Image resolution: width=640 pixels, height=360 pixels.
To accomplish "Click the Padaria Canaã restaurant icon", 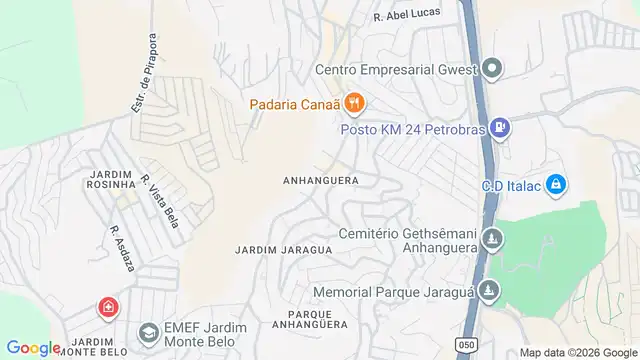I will point(353,103).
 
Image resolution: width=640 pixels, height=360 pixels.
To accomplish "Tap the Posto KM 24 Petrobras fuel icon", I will point(500,129).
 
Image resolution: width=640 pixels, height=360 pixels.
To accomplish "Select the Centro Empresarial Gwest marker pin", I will point(492,69).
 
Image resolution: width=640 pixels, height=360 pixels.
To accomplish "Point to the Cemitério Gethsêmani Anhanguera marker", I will point(492,239).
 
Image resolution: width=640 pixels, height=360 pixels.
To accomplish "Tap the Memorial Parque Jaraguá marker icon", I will point(488,292).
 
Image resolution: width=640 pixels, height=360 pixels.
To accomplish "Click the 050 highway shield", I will point(467,345).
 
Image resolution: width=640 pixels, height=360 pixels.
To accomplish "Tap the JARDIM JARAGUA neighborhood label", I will point(283,249).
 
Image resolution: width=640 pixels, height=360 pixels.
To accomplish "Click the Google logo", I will point(33,347).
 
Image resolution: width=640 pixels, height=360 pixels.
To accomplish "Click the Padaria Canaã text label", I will point(292,103).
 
